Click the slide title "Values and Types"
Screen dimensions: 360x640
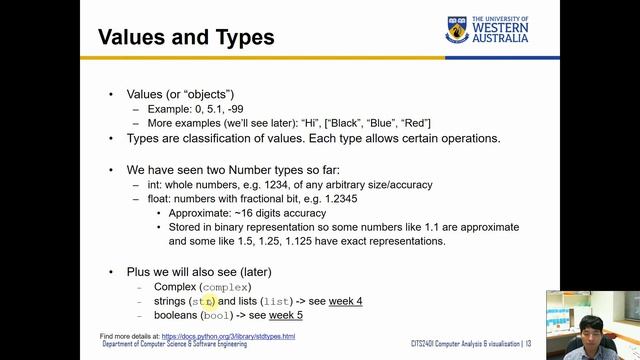pos(186,39)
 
